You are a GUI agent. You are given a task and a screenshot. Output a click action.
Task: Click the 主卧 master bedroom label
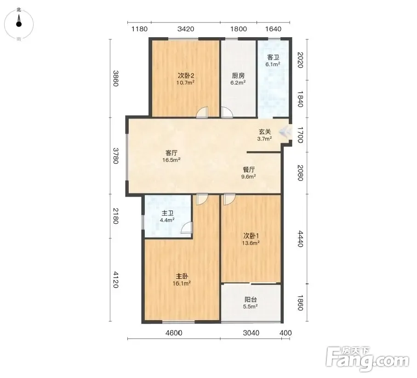coord(182,276)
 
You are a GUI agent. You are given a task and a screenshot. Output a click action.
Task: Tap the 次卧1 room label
coord(251,236)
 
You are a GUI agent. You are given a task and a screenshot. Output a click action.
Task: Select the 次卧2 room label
coord(186,76)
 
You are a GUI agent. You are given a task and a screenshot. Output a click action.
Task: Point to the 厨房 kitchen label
coord(238,76)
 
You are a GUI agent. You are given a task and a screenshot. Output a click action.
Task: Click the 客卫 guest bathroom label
coord(273,57)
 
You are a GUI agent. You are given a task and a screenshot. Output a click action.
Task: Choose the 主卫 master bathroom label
coord(167,213)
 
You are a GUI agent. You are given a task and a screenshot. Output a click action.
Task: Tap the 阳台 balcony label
coord(251,299)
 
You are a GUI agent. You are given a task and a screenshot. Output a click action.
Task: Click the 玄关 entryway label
coord(265,132)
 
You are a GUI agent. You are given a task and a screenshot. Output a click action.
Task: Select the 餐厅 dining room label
coord(249,169)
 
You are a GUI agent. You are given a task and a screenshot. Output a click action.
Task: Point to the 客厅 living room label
coord(171,153)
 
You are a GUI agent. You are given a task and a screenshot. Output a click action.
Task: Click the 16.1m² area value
coord(182,283)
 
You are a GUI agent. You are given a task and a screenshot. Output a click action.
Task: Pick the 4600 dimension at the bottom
coord(174,333)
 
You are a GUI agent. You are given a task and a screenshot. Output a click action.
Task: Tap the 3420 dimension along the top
coord(186,28)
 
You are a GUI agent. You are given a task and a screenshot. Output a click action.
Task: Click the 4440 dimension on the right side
coord(300,239)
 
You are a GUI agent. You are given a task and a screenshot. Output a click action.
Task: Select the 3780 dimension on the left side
coord(116,156)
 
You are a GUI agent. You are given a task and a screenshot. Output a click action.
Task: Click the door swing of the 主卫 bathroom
coord(187,228)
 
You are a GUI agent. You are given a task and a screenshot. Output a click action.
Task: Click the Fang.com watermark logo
coord(367,359)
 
